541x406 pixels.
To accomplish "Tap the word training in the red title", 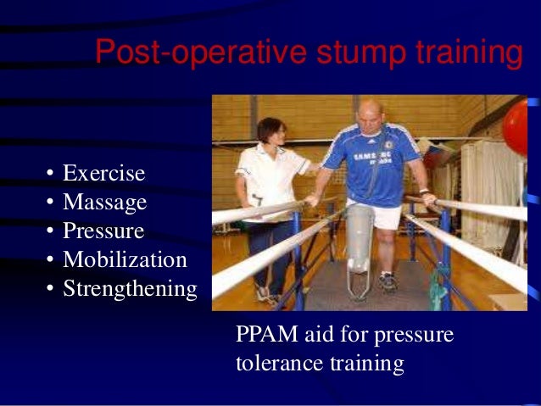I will coord(464,53).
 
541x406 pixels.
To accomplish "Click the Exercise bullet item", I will coord(103,174).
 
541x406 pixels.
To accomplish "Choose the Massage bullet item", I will coord(104,203).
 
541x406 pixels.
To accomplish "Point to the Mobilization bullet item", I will coord(124,259).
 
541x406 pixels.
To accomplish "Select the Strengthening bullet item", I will coord(130,288).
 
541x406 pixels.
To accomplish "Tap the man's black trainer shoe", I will coord(388,283).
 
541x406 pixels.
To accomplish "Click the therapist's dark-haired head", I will coord(271,131).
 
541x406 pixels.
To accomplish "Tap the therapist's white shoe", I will coord(264,293).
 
